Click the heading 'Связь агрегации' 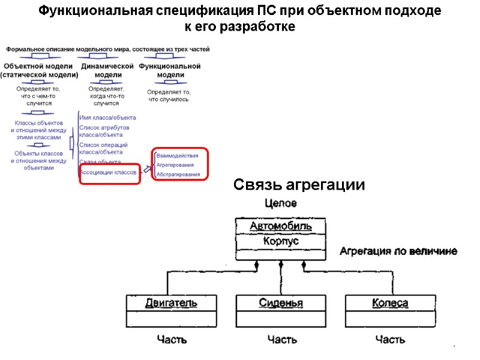(299, 185)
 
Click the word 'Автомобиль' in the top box (281, 226)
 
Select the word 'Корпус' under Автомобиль (281, 241)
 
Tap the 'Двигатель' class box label (171, 303)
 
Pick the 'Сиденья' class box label (281, 303)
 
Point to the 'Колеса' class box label (390, 303)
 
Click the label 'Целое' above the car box (281, 204)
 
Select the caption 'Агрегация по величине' (398, 251)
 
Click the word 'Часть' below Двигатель (172, 340)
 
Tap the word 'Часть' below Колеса (390, 340)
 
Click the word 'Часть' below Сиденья (282, 340)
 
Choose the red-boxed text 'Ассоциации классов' (108, 172)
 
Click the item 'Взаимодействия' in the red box (177, 155)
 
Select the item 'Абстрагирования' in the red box (178, 175)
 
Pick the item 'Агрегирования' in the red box (175, 165)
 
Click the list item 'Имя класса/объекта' (107, 118)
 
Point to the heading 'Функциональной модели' (170, 71)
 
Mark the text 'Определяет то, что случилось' (169, 95)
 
